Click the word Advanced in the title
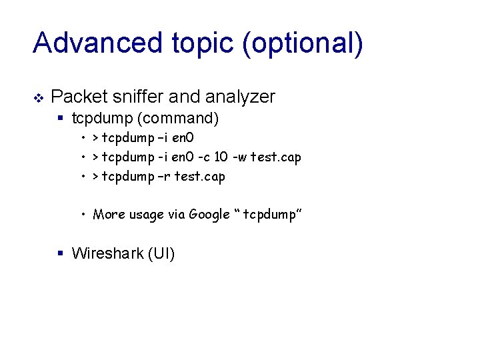(98, 43)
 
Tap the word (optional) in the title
(303, 43)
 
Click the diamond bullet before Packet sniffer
(38, 98)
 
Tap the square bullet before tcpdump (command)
(61, 119)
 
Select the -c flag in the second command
(203, 157)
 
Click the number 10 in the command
(222, 157)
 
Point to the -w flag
(240, 157)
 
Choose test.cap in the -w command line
(276, 157)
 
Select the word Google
(209, 215)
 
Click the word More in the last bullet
(107, 215)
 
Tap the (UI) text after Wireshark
(161, 253)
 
